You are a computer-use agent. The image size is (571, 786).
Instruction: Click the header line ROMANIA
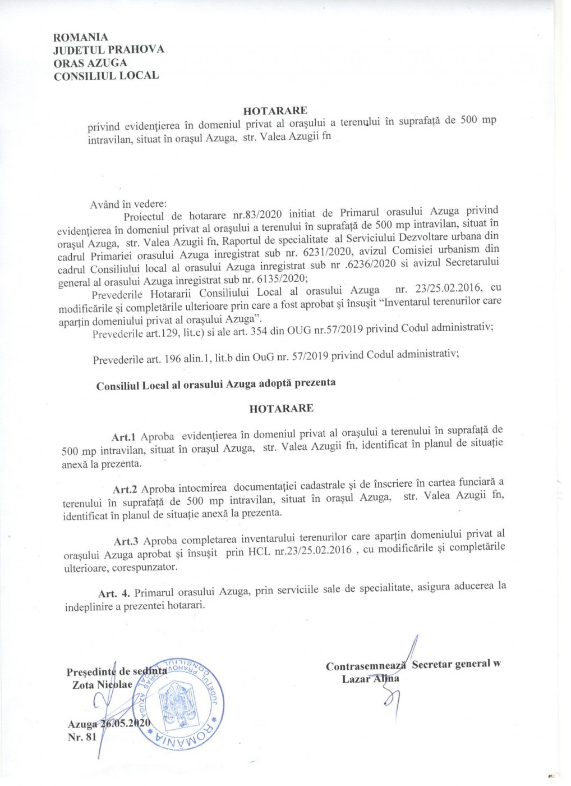point(80,37)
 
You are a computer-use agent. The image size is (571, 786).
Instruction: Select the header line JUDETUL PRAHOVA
point(109,49)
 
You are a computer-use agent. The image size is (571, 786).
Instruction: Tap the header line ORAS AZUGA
point(90,62)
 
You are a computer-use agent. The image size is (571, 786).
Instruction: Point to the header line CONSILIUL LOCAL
point(106,75)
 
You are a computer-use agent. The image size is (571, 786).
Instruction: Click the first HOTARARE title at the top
point(275,110)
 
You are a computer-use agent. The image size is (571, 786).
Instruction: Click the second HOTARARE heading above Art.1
point(281,408)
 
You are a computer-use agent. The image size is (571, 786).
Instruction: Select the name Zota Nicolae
point(103,685)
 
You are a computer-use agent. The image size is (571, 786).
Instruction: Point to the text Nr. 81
point(82,737)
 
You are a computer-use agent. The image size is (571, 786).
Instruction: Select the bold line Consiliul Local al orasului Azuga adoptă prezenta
point(216,385)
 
